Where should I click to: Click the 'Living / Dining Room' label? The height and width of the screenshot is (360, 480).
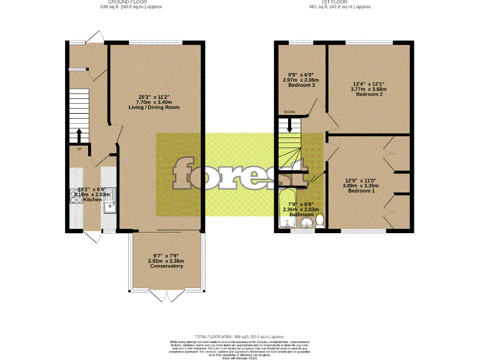154,107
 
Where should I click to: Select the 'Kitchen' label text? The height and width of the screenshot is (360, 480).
84,201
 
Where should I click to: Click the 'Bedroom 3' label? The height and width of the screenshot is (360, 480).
299,85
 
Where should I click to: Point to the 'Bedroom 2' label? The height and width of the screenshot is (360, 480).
368,94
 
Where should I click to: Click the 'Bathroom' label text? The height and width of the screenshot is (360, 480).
301,214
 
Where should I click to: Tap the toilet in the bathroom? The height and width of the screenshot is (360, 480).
320,220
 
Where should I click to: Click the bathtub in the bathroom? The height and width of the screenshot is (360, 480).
288,209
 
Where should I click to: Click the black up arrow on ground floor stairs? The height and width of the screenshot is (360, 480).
79,136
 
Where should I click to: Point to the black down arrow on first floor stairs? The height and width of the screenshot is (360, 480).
289,126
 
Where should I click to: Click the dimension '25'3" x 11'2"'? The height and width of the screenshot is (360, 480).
154,96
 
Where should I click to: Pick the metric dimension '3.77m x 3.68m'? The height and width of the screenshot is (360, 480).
369,89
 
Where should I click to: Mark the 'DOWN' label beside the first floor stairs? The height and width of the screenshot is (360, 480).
289,112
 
